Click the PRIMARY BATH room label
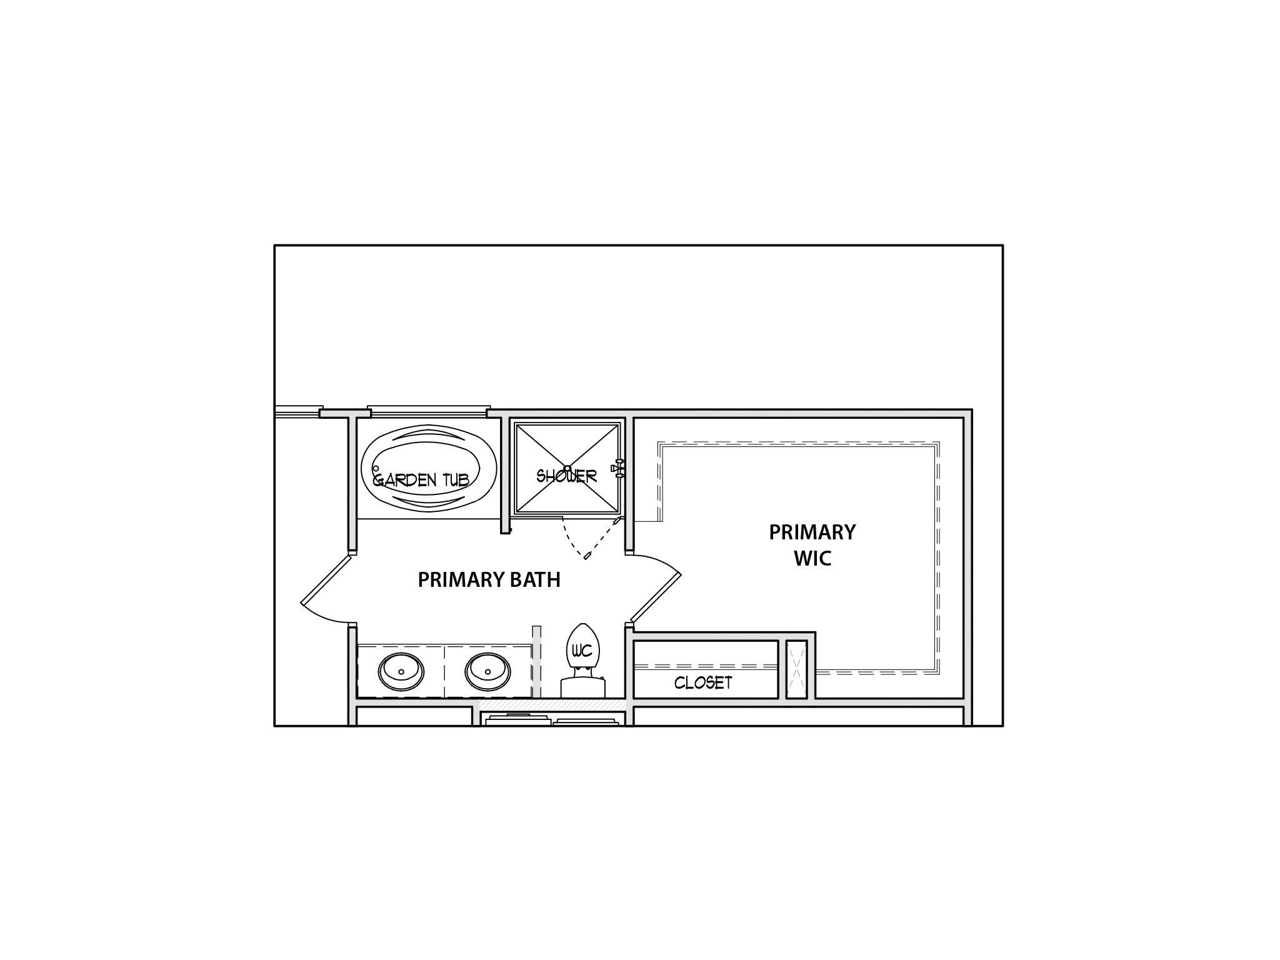pyautogui.click(x=489, y=580)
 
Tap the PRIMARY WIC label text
pyautogui.click(x=812, y=545)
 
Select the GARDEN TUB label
pyautogui.click(x=421, y=480)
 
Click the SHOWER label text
pyautogui.click(x=567, y=476)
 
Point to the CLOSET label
pyautogui.click(x=703, y=682)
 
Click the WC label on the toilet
pyautogui.click(x=582, y=651)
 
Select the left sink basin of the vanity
pyautogui.click(x=401, y=672)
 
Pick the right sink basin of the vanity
pyautogui.click(x=488, y=672)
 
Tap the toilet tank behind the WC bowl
pyautogui.click(x=583, y=687)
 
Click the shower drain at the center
pyautogui.click(x=567, y=468)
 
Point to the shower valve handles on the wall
pyautogui.click(x=617, y=468)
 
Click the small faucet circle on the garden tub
pyautogui.click(x=376, y=468)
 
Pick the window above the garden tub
pyautogui.click(x=429, y=411)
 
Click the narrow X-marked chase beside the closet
pyautogui.click(x=796, y=669)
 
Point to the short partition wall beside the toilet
pyautogui.click(x=536, y=662)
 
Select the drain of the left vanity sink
pyautogui.click(x=401, y=672)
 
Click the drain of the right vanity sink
pyautogui.click(x=488, y=672)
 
